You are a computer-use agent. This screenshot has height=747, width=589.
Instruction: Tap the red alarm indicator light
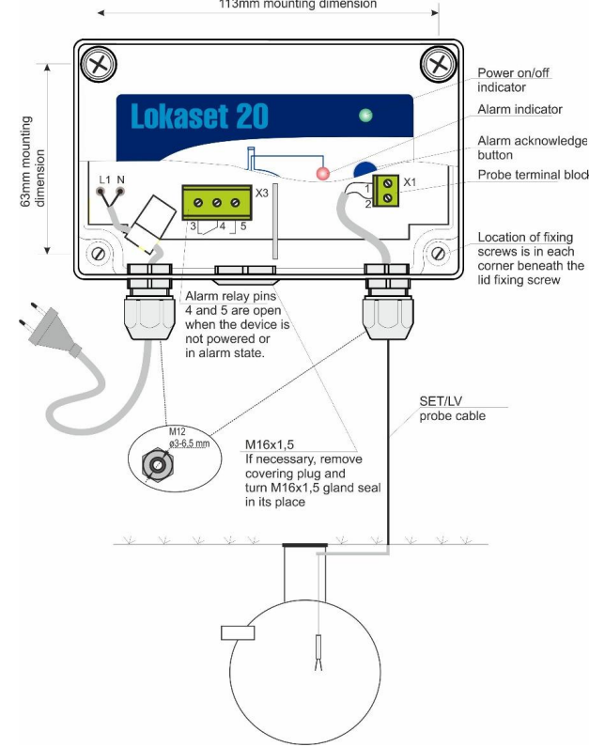(322, 174)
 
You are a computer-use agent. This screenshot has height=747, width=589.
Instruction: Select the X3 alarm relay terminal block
(215, 202)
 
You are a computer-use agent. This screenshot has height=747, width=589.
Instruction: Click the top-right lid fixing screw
(436, 65)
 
